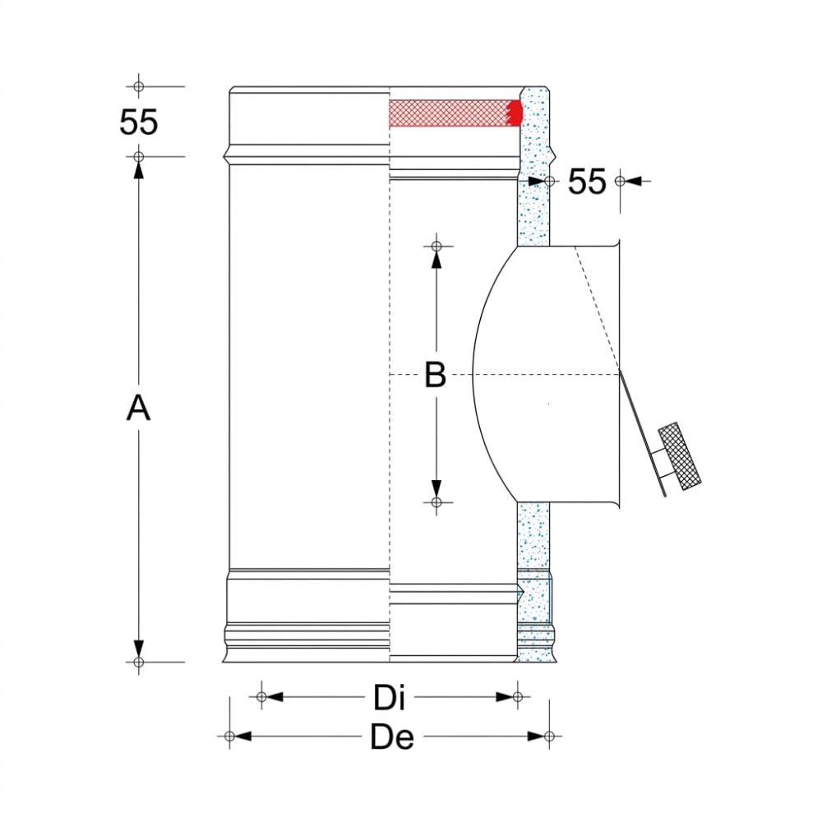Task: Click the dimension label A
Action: pyautogui.click(x=138, y=408)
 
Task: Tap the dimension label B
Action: pyautogui.click(x=435, y=375)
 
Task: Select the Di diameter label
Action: pyautogui.click(x=389, y=698)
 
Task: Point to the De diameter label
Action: pyautogui.click(x=392, y=737)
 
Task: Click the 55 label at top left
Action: pyautogui.click(x=138, y=122)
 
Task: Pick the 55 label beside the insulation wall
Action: pyautogui.click(x=587, y=182)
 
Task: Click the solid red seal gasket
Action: pyautogui.click(x=516, y=113)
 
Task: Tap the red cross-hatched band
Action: pyautogui.click(x=450, y=113)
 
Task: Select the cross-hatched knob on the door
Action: pyautogui.click(x=680, y=456)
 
